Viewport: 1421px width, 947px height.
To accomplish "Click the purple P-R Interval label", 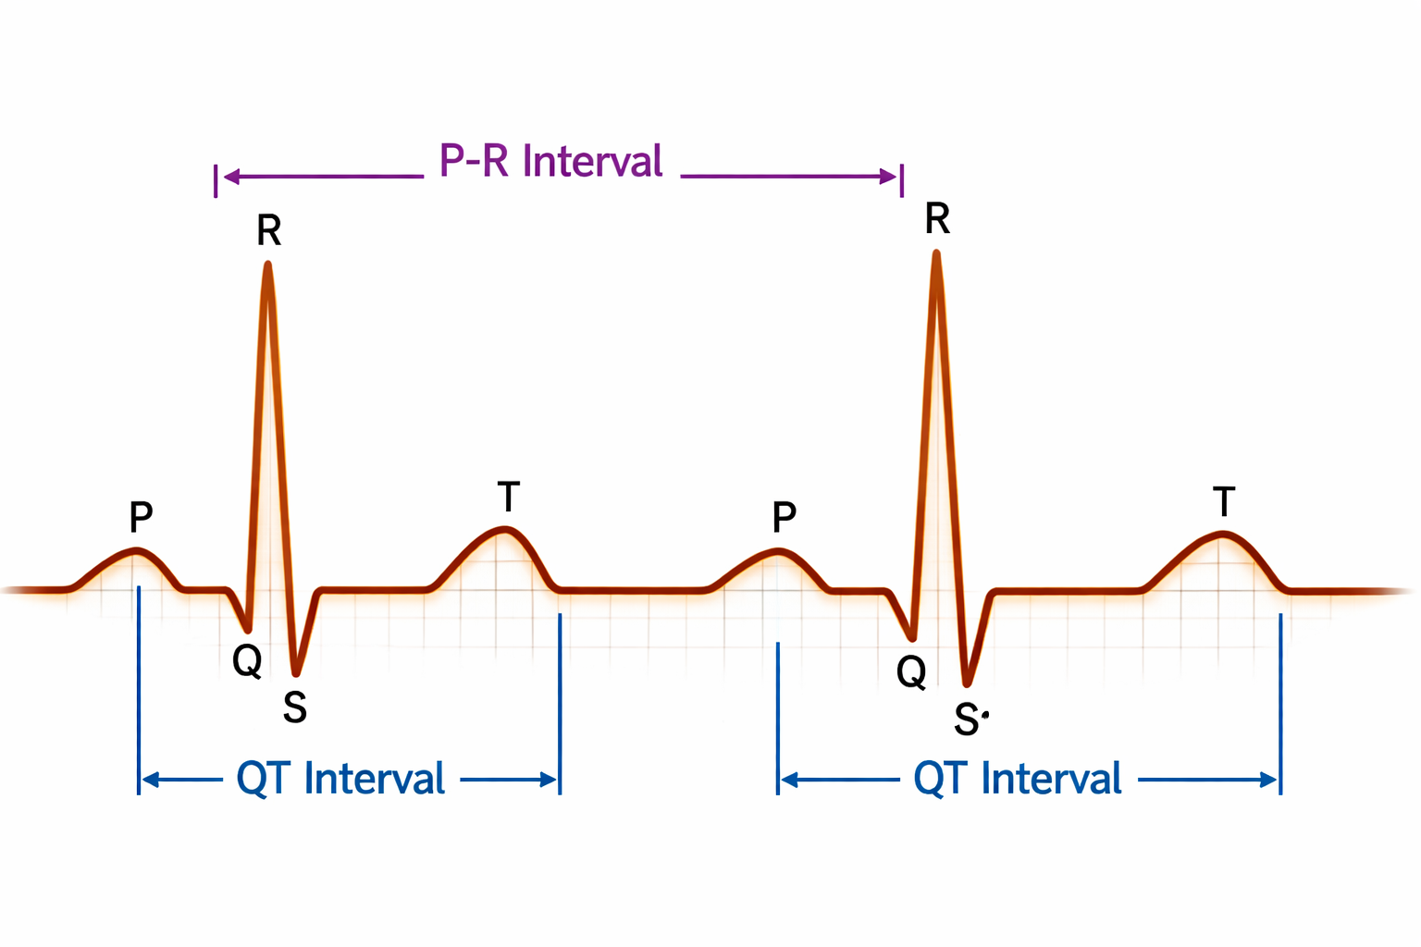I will (551, 161).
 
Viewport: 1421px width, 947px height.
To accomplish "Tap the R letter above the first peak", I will (269, 230).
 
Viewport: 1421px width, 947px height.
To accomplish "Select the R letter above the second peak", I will (937, 219).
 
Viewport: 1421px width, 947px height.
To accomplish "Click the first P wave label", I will (141, 517).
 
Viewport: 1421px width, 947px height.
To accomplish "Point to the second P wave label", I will (784, 517).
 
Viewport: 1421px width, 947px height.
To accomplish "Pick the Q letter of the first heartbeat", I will (247, 661).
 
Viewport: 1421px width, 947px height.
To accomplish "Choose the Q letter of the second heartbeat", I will (911, 671).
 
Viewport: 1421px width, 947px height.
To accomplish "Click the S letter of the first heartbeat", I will (295, 707).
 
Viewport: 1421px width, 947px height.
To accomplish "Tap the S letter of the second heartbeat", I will (967, 719).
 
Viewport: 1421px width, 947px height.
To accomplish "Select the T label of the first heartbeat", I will (508, 497).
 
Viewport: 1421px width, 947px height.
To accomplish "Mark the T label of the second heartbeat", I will (1224, 502).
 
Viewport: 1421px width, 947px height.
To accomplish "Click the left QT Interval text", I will (340, 779).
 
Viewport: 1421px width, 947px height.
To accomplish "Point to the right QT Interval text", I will (1018, 779).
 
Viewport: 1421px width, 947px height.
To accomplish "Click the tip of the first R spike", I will (267, 265).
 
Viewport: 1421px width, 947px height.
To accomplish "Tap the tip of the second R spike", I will (936, 253).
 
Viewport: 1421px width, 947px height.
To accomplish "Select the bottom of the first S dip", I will (296, 672).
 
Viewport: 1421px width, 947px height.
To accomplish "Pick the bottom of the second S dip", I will (967, 683).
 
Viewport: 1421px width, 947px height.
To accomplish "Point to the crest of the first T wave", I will (504, 529).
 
